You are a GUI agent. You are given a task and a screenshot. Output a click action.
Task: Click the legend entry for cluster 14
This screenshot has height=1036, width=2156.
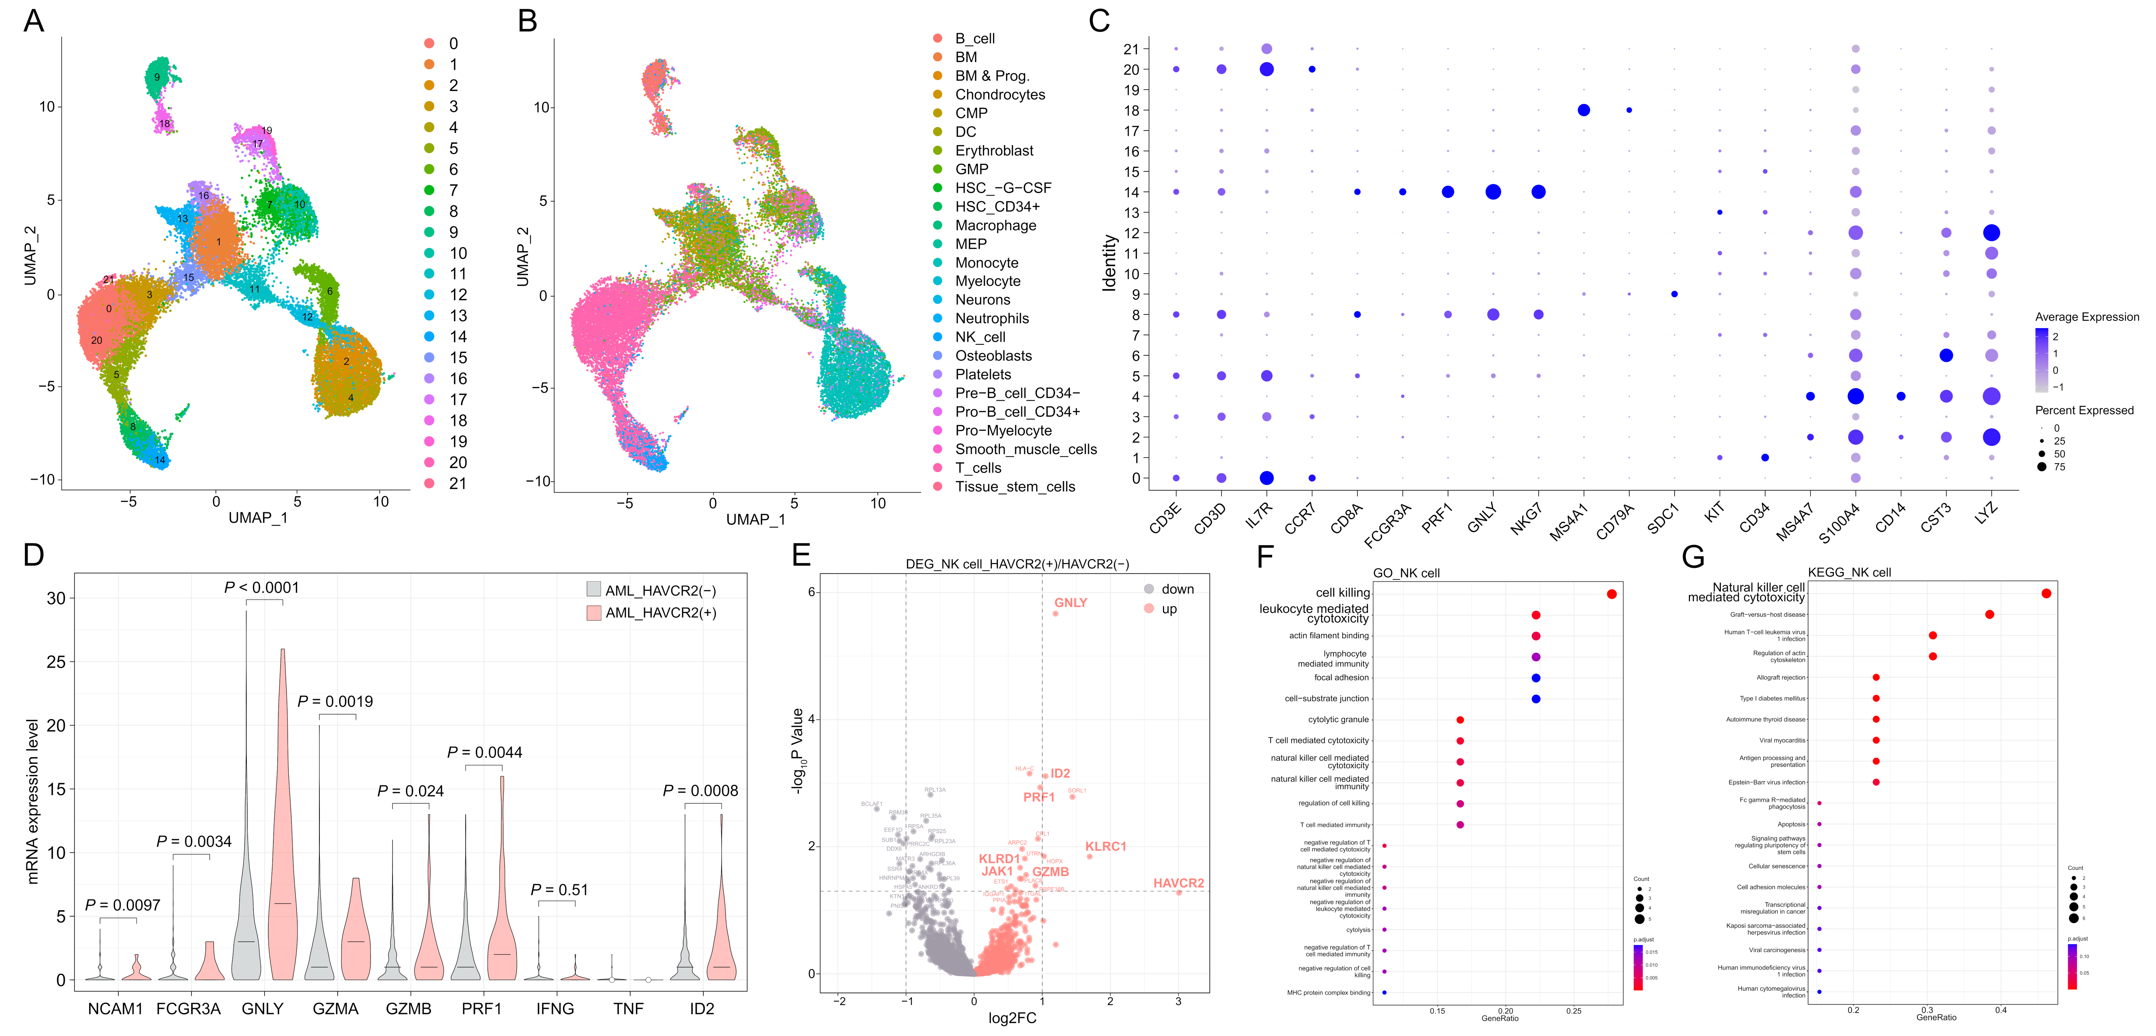pyautogui.click(x=458, y=336)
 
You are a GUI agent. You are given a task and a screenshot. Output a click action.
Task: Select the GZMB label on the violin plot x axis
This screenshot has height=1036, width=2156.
pyautogui.click(x=408, y=1008)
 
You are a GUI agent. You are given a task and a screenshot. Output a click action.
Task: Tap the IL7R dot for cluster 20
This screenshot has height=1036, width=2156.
pyautogui.click(x=1266, y=69)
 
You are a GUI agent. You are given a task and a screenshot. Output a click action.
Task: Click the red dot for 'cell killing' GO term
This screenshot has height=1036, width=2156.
pyautogui.click(x=1611, y=594)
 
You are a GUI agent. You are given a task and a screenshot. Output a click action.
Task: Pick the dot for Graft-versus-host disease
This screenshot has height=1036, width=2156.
pyautogui.click(x=1990, y=614)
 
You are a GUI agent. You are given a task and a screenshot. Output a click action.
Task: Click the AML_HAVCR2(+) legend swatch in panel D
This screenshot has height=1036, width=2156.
pyautogui.click(x=594, y=612)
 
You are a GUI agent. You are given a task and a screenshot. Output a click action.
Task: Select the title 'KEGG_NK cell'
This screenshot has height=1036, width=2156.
pyautogui.click(x=1849, y=572)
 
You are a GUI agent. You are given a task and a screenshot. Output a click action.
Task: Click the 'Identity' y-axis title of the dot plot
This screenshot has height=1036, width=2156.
pyautogui.click(x=1110, y=263)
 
